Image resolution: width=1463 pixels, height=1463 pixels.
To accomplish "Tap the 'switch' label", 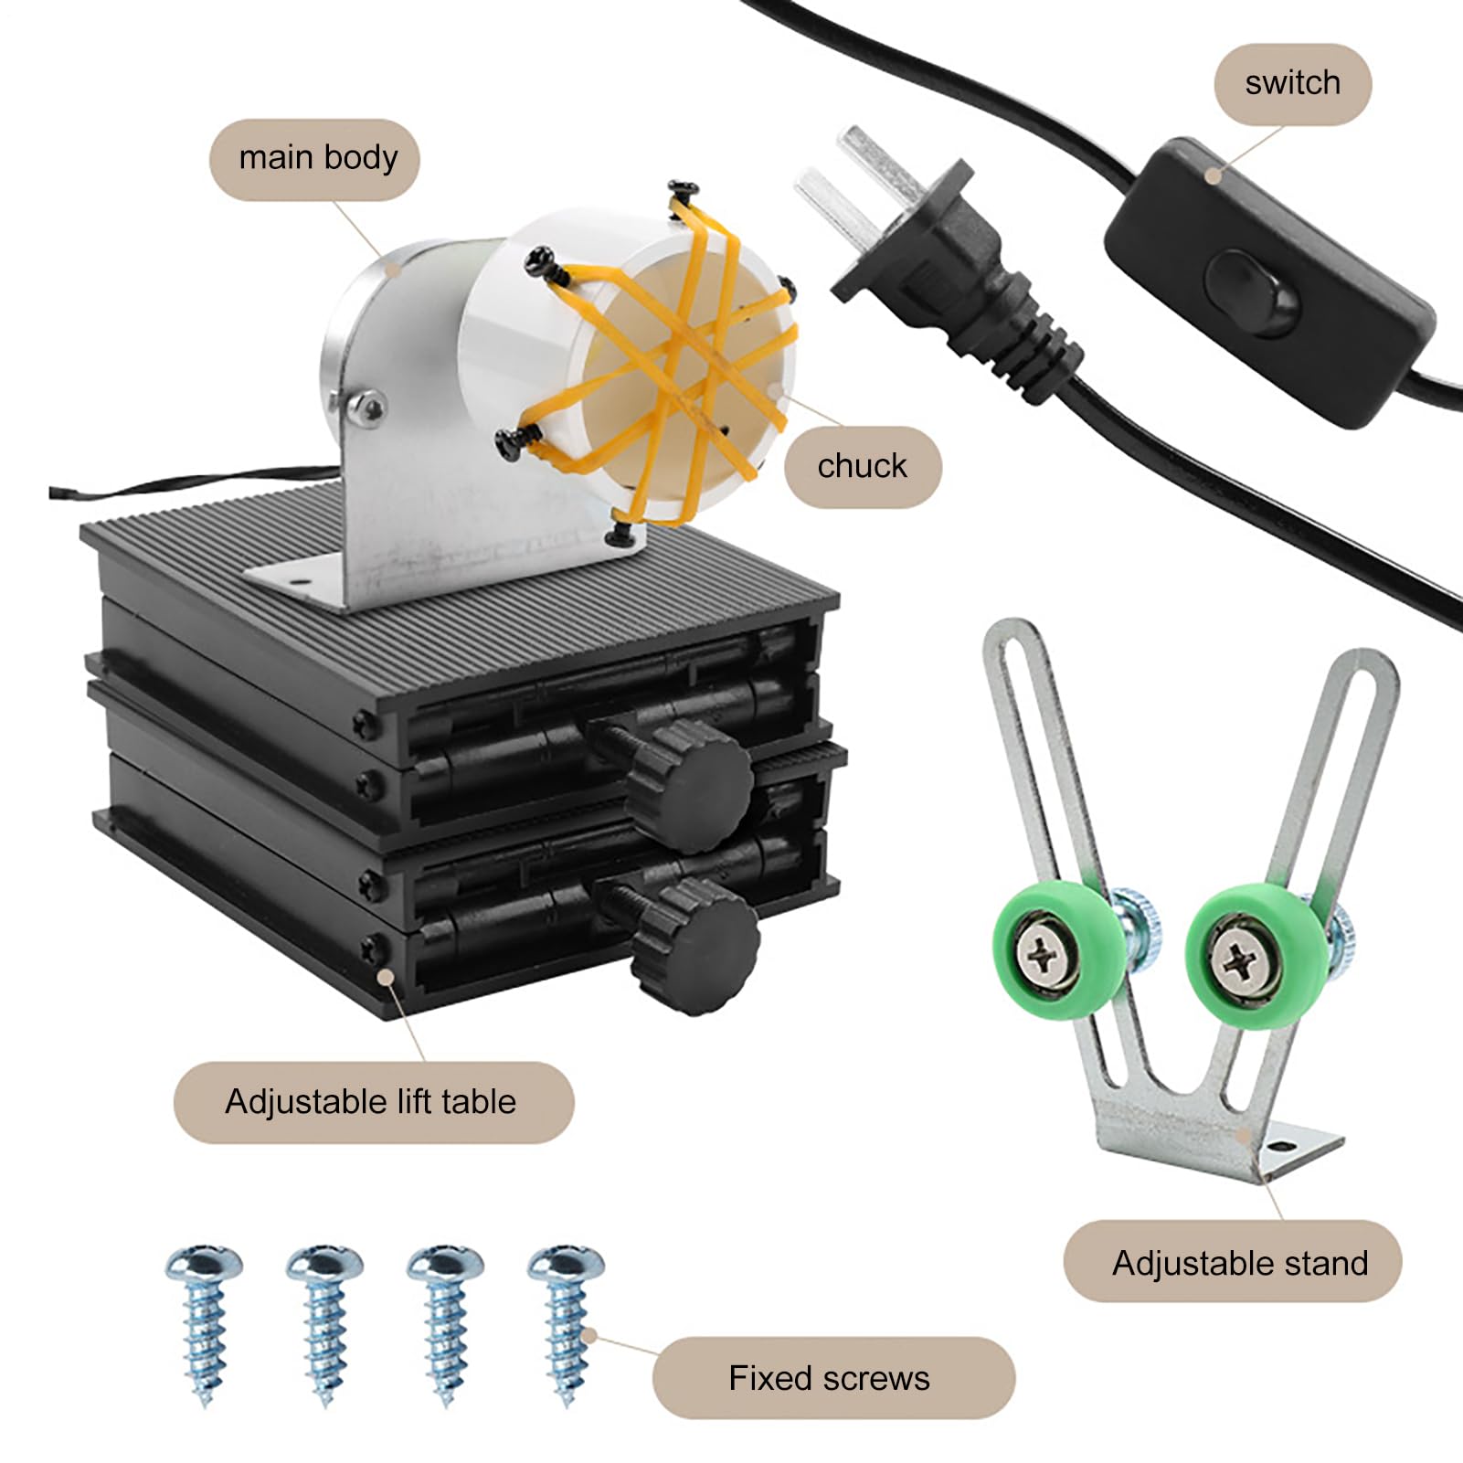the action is click(1292, 83).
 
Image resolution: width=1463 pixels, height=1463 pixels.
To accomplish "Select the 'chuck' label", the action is click(862, 466).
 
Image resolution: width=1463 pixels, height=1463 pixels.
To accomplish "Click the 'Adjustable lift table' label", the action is click(373, 1102).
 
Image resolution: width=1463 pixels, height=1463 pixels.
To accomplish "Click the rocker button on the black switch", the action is click(1253, 293).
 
